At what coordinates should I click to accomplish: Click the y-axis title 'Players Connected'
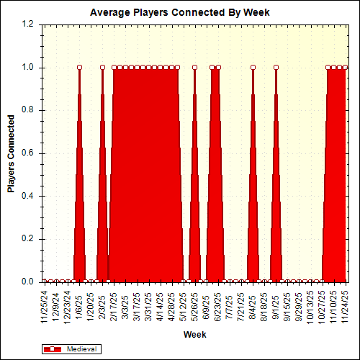click(x=11, y=153)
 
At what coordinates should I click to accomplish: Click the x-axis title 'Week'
click(x=195, y=335)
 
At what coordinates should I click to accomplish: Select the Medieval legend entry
click(x=73, y=348)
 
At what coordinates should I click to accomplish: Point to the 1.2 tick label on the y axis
click(x=28, y=24)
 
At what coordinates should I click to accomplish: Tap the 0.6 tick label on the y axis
click(x=28, y=153)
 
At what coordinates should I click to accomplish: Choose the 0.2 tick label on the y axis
click(x=28, y=239)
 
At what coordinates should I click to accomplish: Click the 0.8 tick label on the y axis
click(x=28, y=110)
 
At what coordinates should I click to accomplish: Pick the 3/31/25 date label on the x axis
click(x=148, y=305)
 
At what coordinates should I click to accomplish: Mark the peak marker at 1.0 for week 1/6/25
click(x=79, y=68)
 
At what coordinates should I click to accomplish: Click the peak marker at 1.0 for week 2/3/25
click(x=102, y=68)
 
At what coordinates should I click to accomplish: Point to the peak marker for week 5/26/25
click(x=194, y=68)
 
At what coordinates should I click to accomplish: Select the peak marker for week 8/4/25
click(x=253, y=68)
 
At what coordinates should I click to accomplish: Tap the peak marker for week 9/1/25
click(x=276, y=68)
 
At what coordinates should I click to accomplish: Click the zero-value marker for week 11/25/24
click(x=45, y=282)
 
